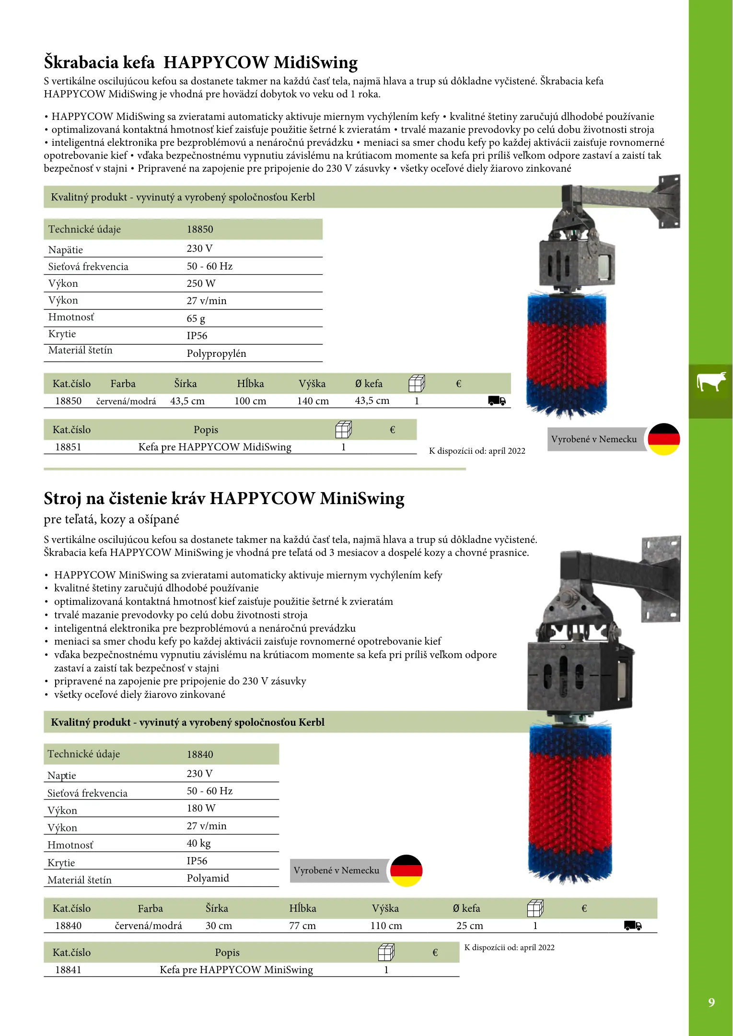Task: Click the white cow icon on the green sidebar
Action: (711, 382)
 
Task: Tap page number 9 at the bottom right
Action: (711, 1002)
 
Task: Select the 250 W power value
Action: (201, 283)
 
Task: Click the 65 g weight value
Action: (196, 318)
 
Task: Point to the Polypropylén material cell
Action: (216, 353)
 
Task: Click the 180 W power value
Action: (201, 808)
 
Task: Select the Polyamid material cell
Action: (208, 878)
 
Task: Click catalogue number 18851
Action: (68, 447)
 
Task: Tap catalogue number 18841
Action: (68, 970)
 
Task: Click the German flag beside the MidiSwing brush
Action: (663, 439)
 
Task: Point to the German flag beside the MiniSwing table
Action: (406, 871)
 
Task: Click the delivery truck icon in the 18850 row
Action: (497, 400)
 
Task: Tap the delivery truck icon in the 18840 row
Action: (633, 925)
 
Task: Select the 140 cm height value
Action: (313, 401)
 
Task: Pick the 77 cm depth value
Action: (303, 926)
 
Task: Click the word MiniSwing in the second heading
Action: (362, 499)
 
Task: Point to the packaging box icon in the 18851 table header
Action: (343, 429)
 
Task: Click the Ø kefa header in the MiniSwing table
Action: (466, 908)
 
